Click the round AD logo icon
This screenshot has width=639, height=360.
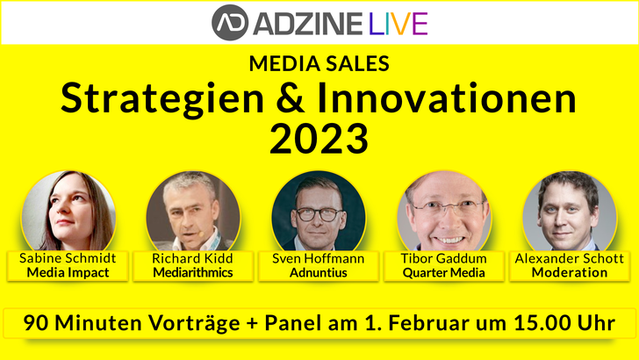[x=230, y=23]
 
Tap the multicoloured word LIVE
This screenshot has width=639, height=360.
[x=398, y=24]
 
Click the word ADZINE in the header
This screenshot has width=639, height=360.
[x=308, y=24]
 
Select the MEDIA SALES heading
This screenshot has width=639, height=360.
[x=319, y=63]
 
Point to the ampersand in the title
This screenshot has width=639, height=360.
[x=291, y=98]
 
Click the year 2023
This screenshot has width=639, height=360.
[x=319, y=138]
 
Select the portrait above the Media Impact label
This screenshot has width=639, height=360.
[x=68, y=212]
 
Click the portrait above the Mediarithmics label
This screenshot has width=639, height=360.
[x=193, y=212]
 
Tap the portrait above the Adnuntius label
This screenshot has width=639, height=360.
[x=319, y=212]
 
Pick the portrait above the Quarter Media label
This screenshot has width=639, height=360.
[x=444, y=212]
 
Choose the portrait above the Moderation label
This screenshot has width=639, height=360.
[x=570, y=212]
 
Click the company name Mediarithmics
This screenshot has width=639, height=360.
[x=193, y=272]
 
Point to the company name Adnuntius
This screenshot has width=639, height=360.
[x=319, y=272]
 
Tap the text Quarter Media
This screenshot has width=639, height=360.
[x=444, y=272]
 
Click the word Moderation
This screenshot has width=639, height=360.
[x=570, y=272]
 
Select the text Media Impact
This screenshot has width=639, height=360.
[x=68, y=272]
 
